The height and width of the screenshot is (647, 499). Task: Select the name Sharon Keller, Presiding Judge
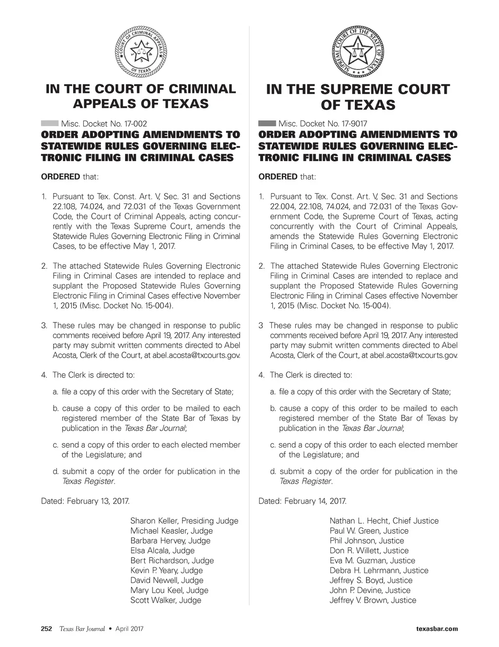[x=184, y=521]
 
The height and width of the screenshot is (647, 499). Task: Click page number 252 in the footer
[x=46, y=629]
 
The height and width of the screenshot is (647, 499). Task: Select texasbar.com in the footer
[x=437, y=629]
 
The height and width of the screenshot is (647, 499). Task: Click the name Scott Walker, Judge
[x=166, y=600]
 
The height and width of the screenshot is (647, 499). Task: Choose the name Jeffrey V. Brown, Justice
[x=373, y=600]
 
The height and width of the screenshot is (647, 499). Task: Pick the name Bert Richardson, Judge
[x=172, y=560]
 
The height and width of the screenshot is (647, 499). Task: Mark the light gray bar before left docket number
[x=50, y=124]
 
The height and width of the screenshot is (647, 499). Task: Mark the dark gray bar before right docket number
[x=267, y=124]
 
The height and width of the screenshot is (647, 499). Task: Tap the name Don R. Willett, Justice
[x=369, y=551]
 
